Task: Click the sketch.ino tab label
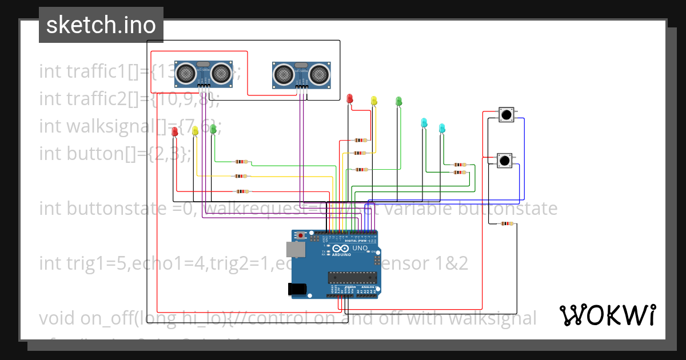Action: [x=101, y=25]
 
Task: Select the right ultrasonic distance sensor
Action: [x=302, y=75]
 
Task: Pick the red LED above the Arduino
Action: [x=350, y=99]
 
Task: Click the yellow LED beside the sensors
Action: [x=374, y=101]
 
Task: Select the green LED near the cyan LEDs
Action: [x=399, y=101]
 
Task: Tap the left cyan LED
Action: [x=424, y=122]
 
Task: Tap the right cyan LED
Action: [x=441, y=127]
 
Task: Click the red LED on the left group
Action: [x=175, y=131]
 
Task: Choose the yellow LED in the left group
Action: [x=195, y=130]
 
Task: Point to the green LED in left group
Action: [x=213, y=129]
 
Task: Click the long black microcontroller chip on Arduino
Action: [x=352, y=278]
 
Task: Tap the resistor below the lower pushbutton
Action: [x=506, y=224]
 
